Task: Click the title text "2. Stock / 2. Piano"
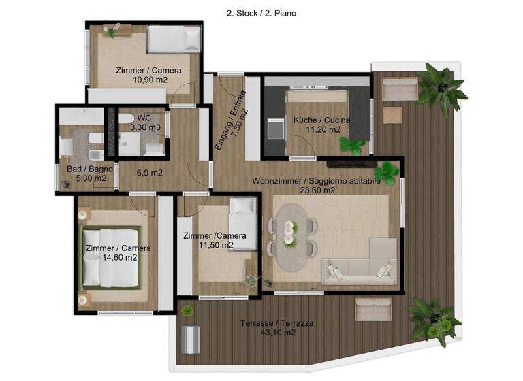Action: pyautogui.click(x=261, y=12)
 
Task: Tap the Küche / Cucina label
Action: pyautogui.click(x=321, y=120)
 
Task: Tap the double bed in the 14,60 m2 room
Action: pyautogui.click(x=110, y=256)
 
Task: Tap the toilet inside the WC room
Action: pyautogui.click(x=126, y=120)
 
